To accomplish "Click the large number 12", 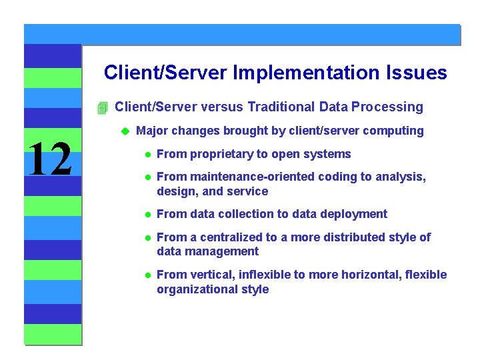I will click(x=51, y=159).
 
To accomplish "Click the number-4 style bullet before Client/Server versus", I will click(x=101, y=107).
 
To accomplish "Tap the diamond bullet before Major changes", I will click(x=123, y=131).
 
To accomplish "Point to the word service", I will click(x=250, y=191).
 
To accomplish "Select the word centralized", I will click(x=227, y=237).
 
